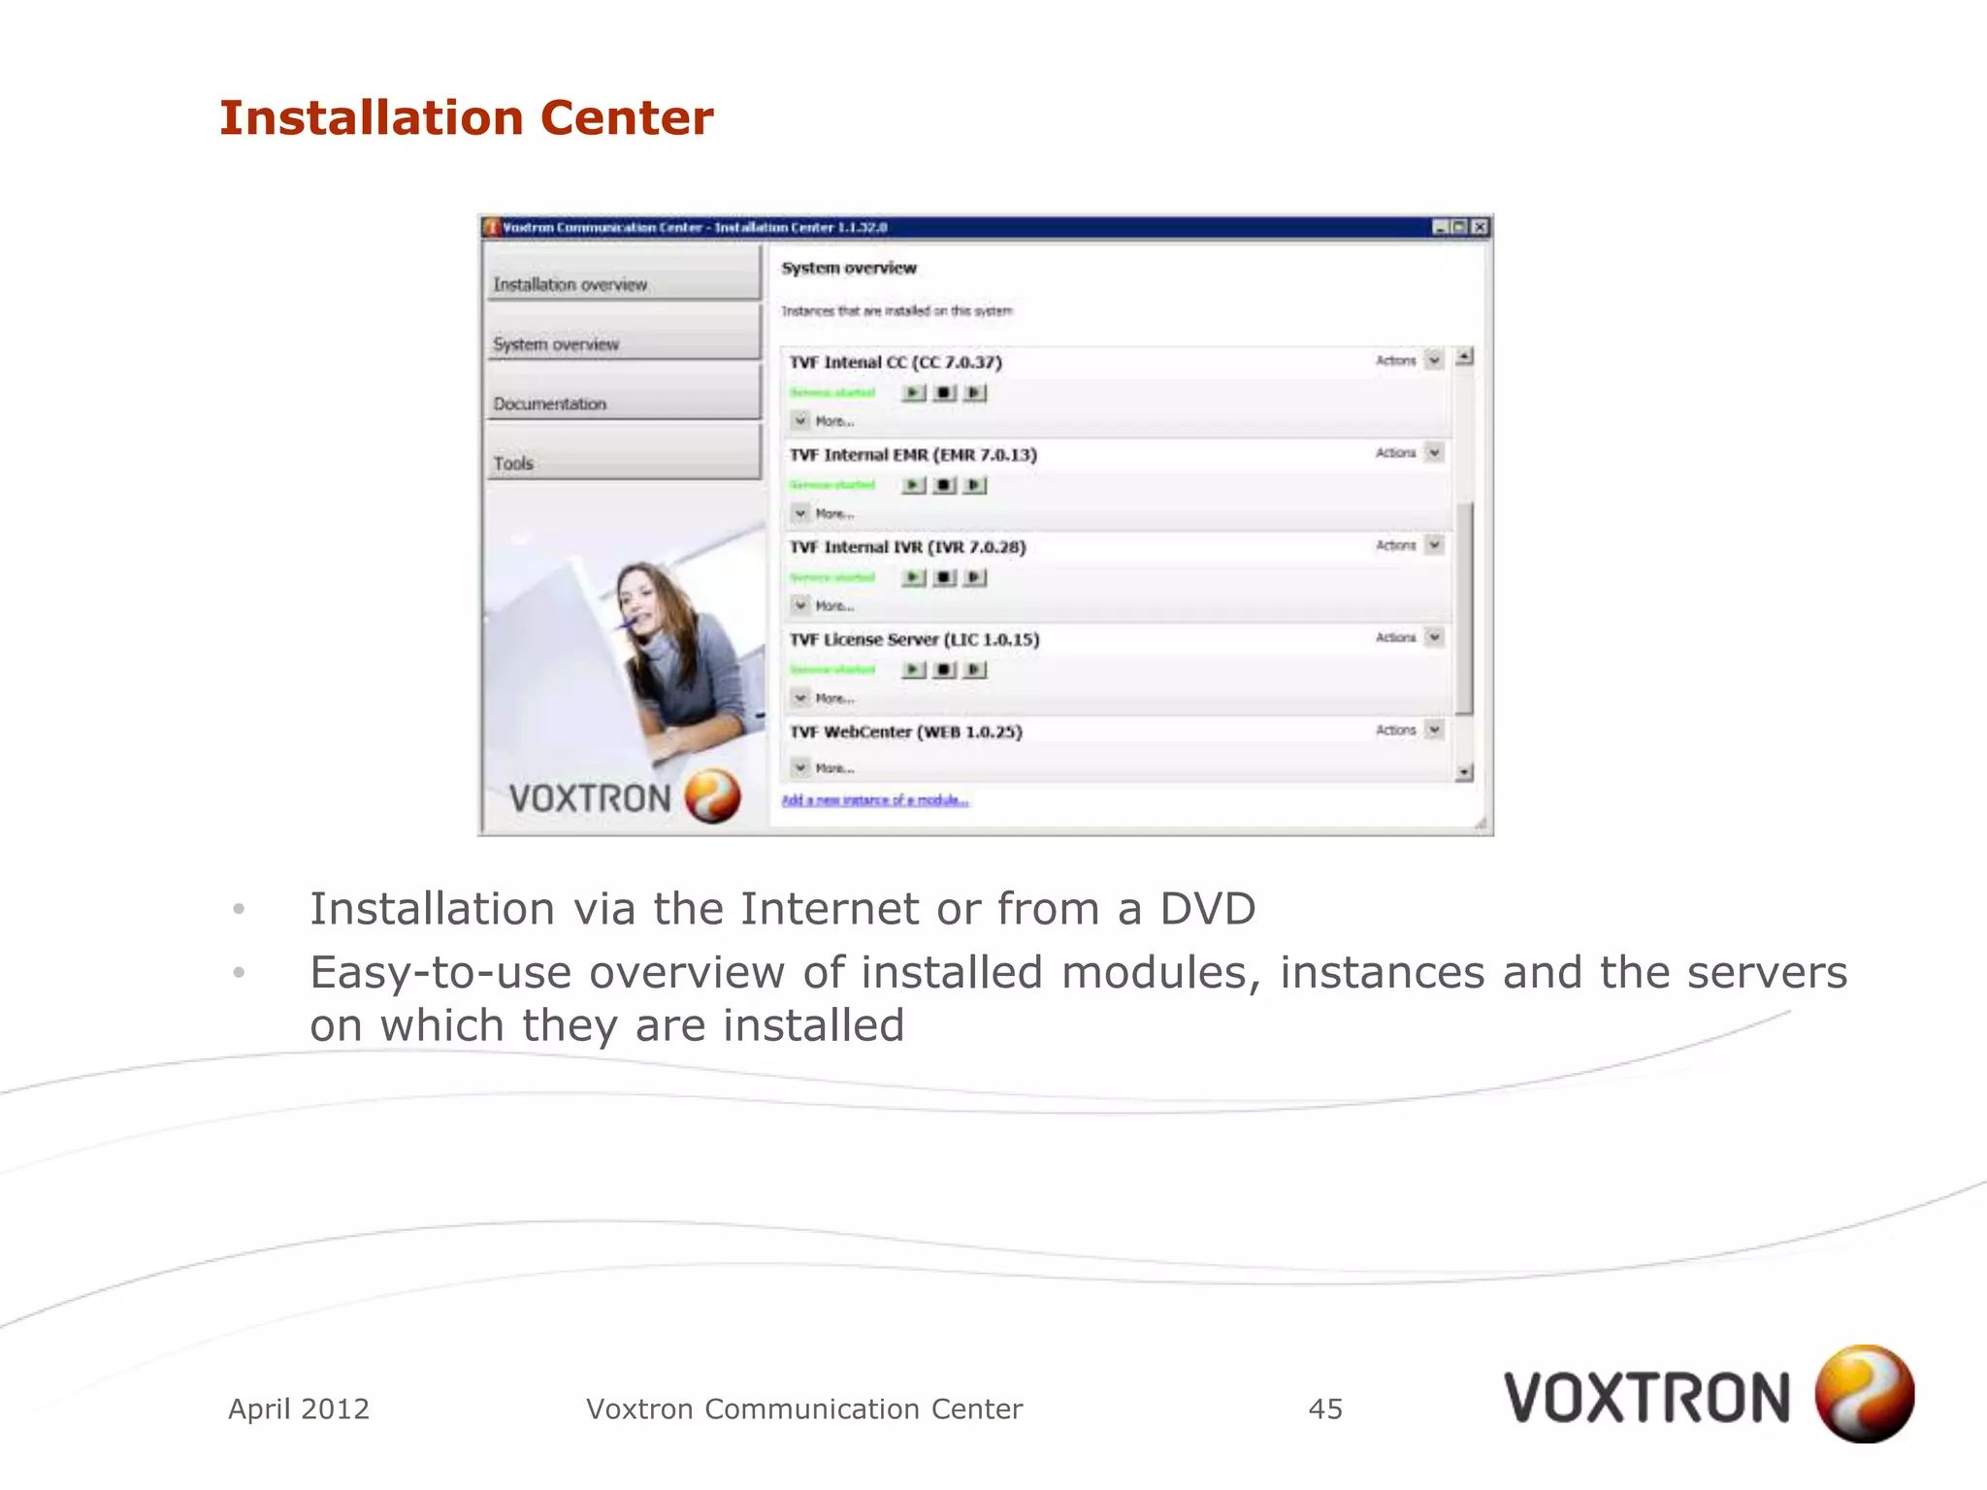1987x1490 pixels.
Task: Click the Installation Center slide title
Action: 466,118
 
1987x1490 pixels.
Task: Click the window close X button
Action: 1480,227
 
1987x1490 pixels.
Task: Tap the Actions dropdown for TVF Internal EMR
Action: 1434,453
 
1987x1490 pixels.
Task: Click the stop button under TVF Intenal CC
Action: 944,393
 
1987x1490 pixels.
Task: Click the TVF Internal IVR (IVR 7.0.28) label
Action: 907,547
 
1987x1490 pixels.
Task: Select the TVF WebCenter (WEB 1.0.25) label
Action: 905,731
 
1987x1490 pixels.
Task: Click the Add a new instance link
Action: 874,800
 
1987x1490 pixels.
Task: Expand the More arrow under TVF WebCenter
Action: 800,767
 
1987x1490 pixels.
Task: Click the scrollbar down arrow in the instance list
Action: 1464,773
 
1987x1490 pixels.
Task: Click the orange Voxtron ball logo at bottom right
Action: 1864,1394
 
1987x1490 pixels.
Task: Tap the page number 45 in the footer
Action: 1325,1409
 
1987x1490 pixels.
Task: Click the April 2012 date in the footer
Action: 299,1409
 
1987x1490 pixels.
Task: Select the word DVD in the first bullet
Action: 1208,910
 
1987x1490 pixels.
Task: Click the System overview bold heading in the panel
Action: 849,268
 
